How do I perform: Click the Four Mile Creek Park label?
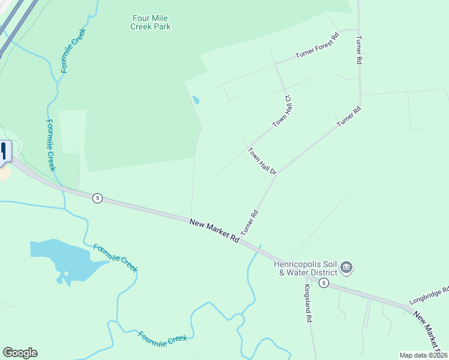pos(151,22)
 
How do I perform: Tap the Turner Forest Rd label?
pos(317,46)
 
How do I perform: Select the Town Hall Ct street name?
pos(282,111)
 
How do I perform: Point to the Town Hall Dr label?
pos(262,161)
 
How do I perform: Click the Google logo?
pos(20,353)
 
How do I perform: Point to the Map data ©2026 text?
pos(423,355)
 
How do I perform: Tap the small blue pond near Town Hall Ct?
pos(195,100)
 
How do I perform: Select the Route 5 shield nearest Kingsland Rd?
pos(324,283)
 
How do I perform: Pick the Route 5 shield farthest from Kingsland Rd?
pos(97,198)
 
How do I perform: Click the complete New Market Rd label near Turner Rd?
pos(214,230)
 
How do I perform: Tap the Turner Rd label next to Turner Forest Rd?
pos(358,50)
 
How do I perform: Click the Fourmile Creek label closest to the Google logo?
pos(163,338)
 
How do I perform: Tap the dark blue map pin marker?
pos(5,152)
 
